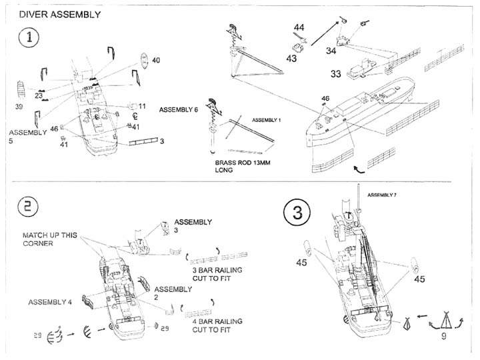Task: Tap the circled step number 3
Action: tap(297, 213)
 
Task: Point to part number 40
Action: tap(155, 61)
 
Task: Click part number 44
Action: tap(299, 27)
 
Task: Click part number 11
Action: tap(141, 105)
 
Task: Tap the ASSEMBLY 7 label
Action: tap(381, 195)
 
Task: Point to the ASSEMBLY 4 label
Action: tap(49, 302)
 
